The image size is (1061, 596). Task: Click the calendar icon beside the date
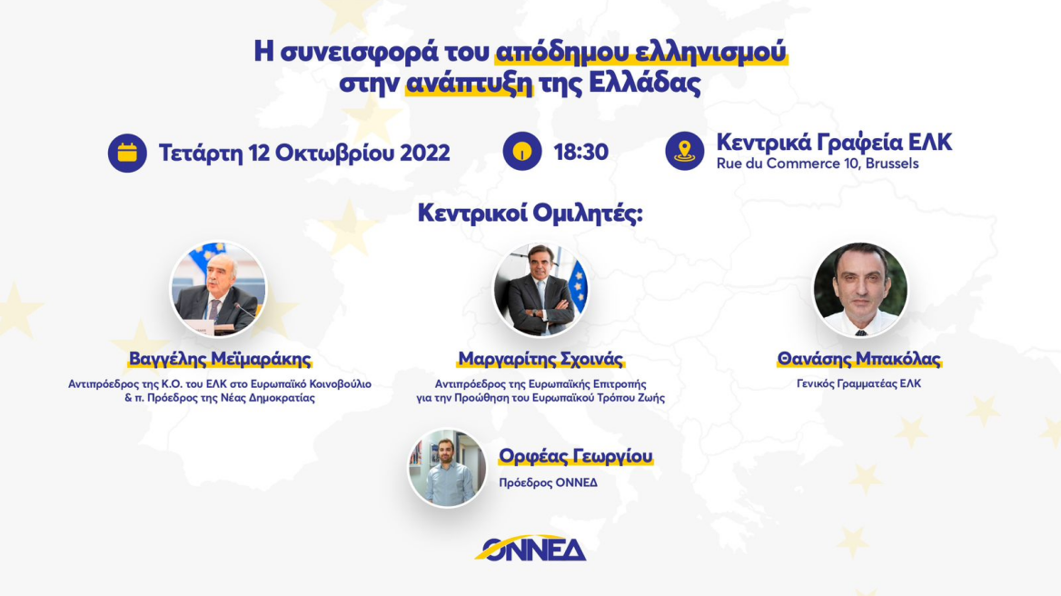point(127,152)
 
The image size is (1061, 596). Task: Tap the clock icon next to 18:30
point(522,152)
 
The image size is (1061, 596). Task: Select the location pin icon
point(685,152)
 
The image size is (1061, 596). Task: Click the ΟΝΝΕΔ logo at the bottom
point(530,548)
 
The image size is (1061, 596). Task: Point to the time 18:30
point(581,152)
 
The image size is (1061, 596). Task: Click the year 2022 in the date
point(421,152)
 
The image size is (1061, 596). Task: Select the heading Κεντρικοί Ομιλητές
point(530,214)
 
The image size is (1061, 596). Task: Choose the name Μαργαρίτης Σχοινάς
point(540,360)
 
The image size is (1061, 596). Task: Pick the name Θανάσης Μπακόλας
point(859,360)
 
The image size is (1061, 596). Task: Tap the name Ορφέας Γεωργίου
point(576,456)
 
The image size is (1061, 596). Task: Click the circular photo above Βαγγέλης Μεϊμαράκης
point(219,290)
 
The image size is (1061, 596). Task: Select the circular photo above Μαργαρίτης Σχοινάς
point(540,290)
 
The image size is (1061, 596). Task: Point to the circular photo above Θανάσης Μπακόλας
point(859,290)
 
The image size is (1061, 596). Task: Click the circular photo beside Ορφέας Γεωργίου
point(447,468)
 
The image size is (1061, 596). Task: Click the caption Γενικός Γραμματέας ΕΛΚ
point(859,383)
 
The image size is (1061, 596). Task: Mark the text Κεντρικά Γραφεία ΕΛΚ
point(834,143)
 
